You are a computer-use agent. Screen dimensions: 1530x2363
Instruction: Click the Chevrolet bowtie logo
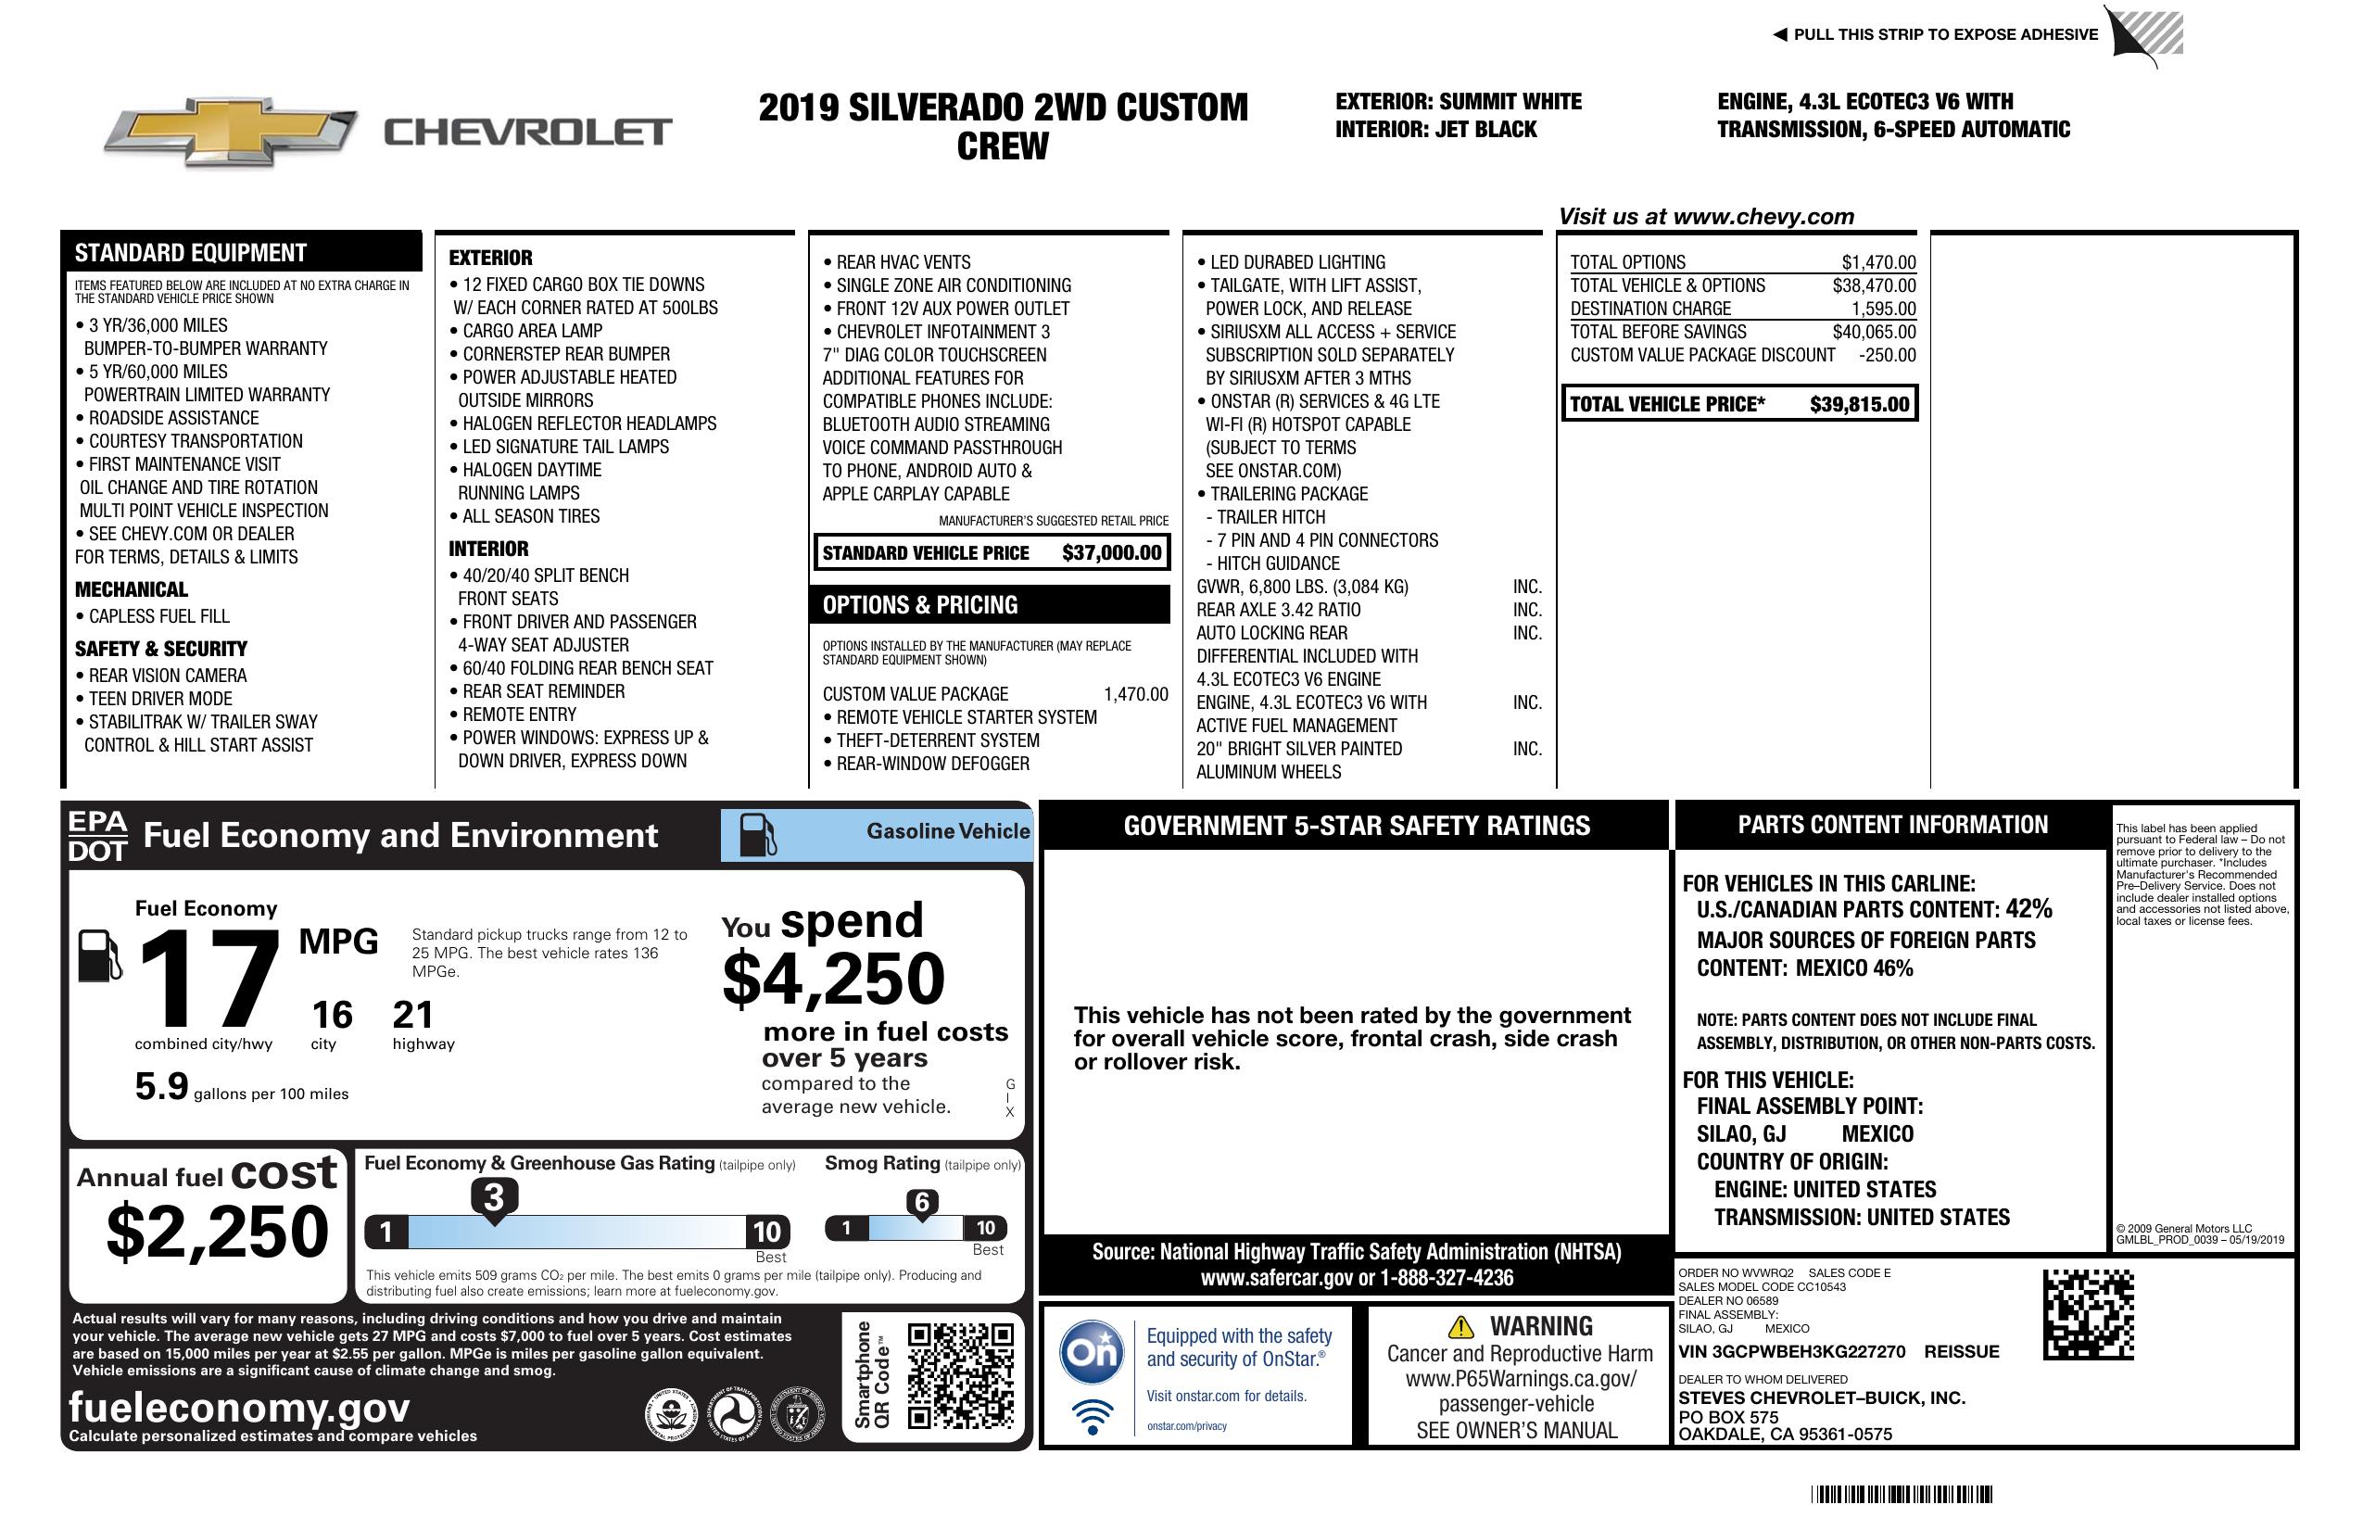[x=231, y=131]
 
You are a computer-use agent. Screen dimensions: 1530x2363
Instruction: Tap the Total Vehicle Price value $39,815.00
[x=1859, y=404]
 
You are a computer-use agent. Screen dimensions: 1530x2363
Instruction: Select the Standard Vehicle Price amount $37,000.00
[x=1111, y=553]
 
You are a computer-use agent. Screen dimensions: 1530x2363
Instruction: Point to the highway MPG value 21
[x=413, y=1015]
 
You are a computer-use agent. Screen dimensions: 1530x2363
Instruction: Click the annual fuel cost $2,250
[x=218, y=1232]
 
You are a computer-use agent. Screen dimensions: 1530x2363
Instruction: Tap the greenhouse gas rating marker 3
[x=493, y=1197]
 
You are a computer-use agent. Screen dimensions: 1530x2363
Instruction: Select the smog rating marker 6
[x=921, y=1202]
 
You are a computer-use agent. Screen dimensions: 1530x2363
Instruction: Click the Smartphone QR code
[x=960, y=1375]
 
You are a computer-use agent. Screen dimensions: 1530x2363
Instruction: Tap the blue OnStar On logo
[x=1092, y=1351]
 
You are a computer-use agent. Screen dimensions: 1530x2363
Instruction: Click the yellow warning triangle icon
[x=1460, y=1326]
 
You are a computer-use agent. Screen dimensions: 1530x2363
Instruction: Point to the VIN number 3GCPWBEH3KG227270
[x=1791, y=1351]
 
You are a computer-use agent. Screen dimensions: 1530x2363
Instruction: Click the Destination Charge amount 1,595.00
[x=1882, y=309]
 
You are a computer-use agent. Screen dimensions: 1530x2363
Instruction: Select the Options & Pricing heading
[x=919, y=604]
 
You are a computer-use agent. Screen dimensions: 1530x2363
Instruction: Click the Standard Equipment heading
[x=191, y=252]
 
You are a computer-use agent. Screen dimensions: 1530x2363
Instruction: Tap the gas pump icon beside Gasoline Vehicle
[x=758, y=835]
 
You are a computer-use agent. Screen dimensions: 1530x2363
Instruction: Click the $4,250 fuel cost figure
[x=834, y=979]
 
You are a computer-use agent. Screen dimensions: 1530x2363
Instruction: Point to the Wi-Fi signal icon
[x=1093, y=1416]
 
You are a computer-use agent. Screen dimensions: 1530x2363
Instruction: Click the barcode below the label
[x=1901, y=1494]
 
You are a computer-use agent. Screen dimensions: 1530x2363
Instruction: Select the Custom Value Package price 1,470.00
[x=1135, y=694]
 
